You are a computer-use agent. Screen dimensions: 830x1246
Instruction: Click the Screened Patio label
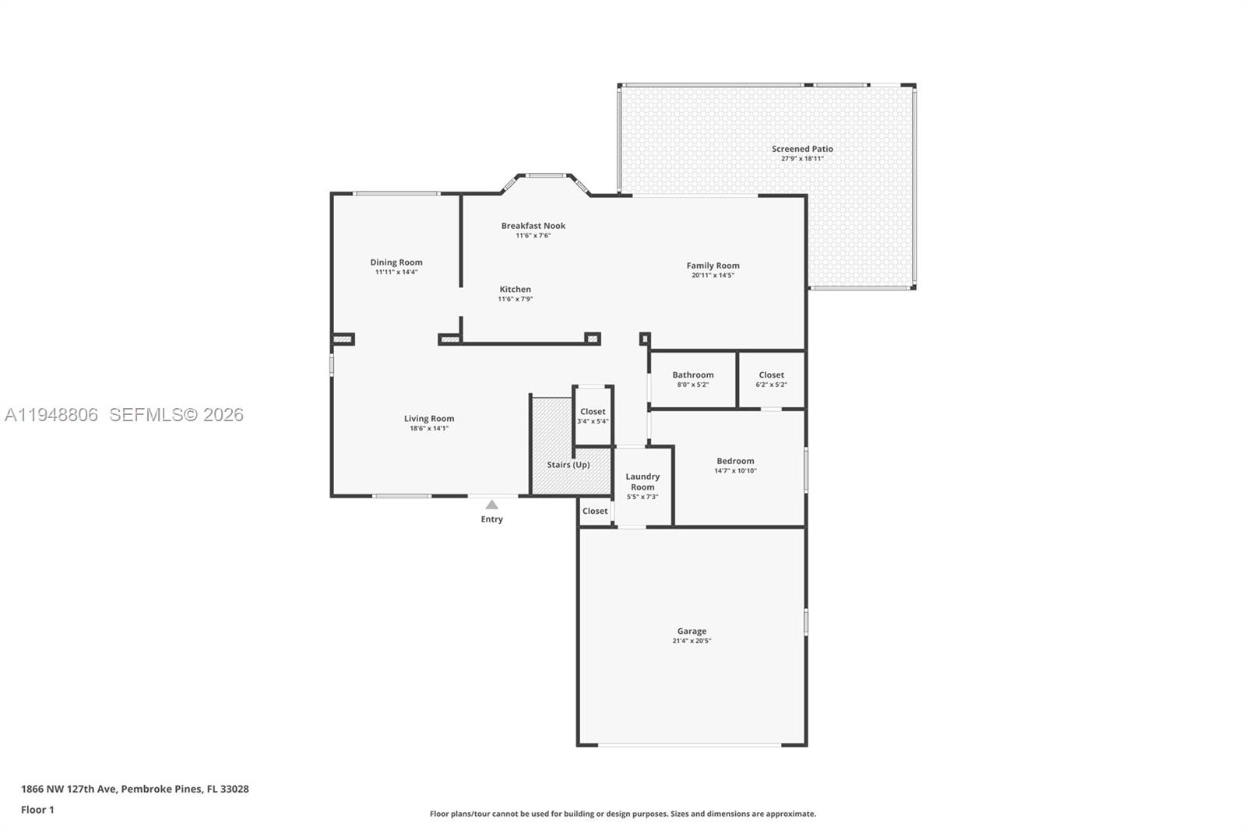click(802, 149)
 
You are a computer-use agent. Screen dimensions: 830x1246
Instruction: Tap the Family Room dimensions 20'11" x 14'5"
click(713, 276)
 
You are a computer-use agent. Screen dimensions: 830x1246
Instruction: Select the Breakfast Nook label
click(533, 226)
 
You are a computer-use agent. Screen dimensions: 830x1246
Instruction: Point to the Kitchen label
click(515, 289)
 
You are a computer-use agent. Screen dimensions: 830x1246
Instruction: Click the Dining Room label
click(396, 262)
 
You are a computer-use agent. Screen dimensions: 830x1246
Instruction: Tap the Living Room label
click(428, 419)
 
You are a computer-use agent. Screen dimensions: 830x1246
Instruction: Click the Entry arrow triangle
click(491, 505)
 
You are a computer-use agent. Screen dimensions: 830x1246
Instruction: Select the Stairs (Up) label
click(568, 465)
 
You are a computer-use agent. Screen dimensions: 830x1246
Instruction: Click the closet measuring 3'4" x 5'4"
click(593, 416)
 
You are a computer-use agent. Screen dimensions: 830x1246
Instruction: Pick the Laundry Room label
click(642, 481)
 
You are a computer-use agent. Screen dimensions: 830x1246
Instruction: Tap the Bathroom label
click(692, 375)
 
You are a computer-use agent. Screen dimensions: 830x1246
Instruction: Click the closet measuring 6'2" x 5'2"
click(771, 379)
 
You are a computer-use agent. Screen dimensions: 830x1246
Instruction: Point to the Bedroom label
click(735, 461)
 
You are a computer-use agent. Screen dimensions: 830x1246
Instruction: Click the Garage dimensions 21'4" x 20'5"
click(692, 642)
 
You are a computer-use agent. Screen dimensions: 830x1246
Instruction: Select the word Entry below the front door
click(491, 519)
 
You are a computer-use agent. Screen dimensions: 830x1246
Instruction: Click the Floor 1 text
click(37, 810)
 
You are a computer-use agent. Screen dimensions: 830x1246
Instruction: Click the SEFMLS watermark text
click(176, 415)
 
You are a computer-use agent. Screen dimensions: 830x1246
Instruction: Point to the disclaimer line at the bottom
click(623, 814)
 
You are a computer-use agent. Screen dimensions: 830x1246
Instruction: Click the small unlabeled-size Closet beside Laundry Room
click(595, 512)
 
